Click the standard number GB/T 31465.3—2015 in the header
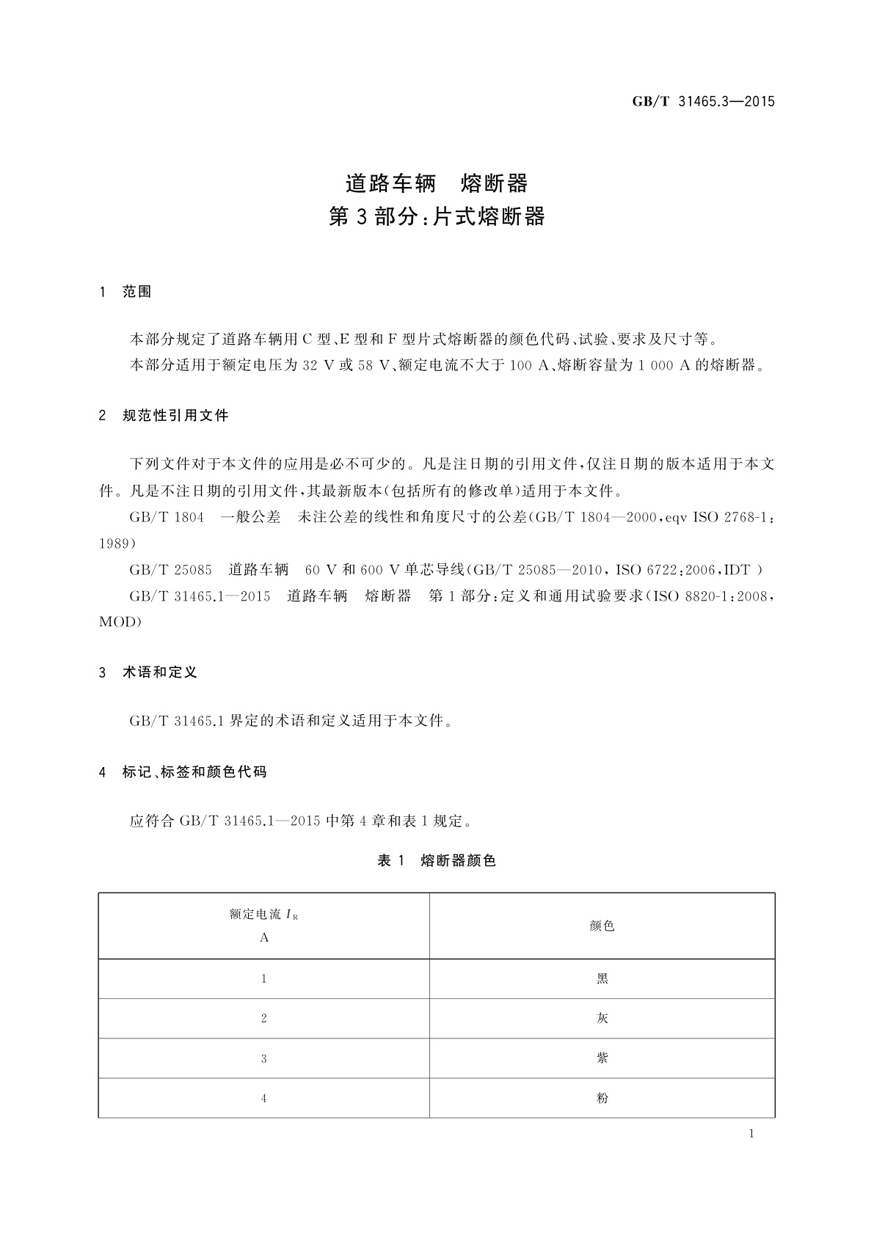click(x=703, y=102)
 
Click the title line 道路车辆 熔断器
click(x=437, y=183)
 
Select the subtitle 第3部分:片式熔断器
click(x=437, y=217)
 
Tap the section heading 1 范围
click(x=125, y=292)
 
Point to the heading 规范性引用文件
click(x=175, y=416)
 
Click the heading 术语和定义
click(x=160, y=673)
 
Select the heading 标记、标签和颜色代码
click(x=194, y=772)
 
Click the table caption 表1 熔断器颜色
click(x=437, y=861)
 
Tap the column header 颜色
click(x=602, y=926)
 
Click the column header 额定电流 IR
click(x=264, y=915)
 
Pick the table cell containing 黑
click(x=602, y=979)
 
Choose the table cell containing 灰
click(x=602, y=1019)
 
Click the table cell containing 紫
click(x=602, y=1058)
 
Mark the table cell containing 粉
click(x=602, y=1098)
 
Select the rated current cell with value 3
click(x=264, y=1058)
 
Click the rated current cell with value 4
click(x=264, y=1098)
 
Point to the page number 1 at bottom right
click(x=751, y=1134)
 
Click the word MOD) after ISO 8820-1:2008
click(x=120, y=622)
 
